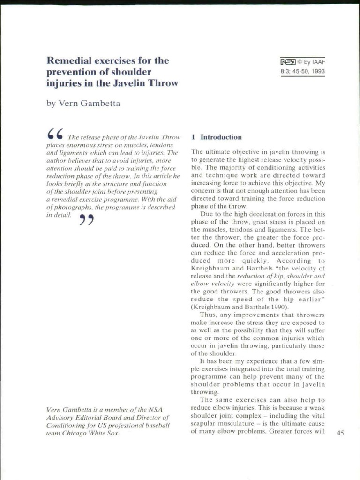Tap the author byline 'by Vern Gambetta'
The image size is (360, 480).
coord(83,104)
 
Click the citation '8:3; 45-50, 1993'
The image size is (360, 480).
coord(302,71)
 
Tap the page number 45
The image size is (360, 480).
coord(340,434)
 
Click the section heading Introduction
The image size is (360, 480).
coord(221,137)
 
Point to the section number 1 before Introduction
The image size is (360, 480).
coord(193,137)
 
